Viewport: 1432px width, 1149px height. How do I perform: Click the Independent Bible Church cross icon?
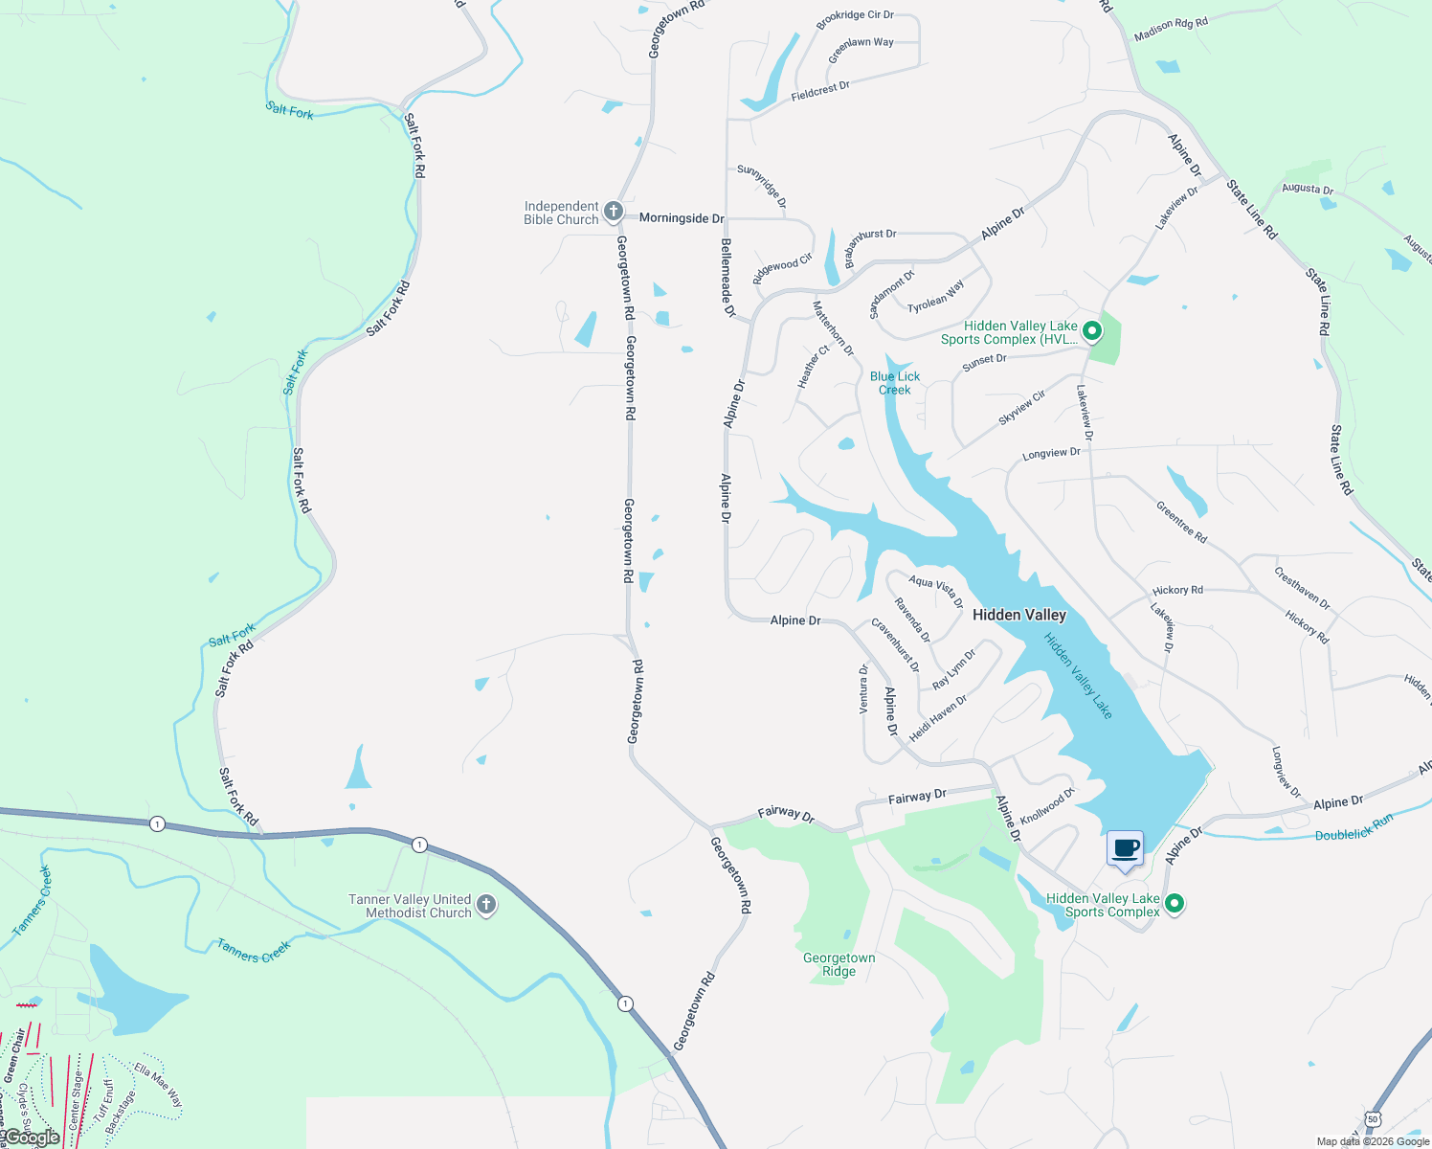tap(614, 212)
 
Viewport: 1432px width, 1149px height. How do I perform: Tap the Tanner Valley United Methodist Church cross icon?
tap(486, 905)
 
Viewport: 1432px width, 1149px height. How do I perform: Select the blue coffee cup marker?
tap(1125, 849)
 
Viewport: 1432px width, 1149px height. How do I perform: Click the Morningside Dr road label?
tap(682, 218)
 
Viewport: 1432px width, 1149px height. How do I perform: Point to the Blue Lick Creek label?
tap(895, 383)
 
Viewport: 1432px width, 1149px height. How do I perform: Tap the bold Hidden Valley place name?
tap(1018, 615)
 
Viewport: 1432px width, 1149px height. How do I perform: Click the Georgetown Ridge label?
tap(839, 964)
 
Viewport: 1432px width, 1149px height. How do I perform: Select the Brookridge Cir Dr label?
tap(855, 16)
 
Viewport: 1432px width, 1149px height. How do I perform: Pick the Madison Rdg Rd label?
tap(1171, 30)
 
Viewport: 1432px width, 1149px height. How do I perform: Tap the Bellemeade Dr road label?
tap(727, 278)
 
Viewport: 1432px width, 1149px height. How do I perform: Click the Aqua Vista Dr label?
tap(936, 591)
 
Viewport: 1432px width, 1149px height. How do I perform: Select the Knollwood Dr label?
tap(1047, 806)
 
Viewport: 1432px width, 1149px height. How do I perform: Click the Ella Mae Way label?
tap(158, 1084)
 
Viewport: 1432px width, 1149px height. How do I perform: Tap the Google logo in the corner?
tap(32, 1138)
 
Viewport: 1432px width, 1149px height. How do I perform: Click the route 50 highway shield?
tap(1374, 1118)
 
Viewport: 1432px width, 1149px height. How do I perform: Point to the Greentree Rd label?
tap(1181, 522)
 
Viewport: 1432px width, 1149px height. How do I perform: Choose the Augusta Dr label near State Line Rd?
tap(1308, 189)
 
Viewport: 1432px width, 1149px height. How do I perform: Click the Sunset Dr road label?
tap(984, 361)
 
